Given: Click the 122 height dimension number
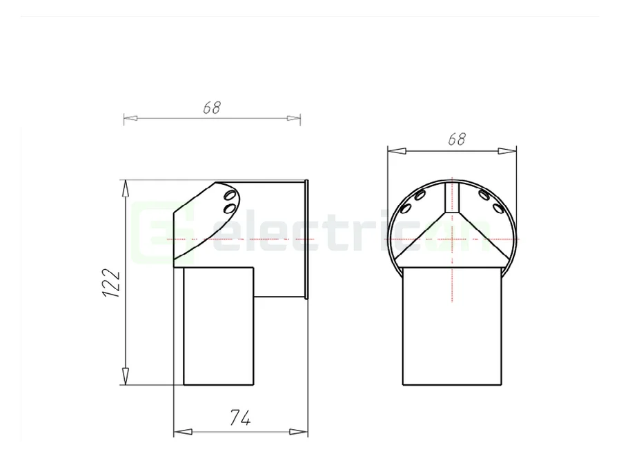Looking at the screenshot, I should pyautogui.click(x=112, y=283).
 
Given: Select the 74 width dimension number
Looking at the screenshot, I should pyautogui.click(x=239, y=417).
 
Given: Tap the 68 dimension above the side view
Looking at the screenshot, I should pyautogui.click(x=212, y=108).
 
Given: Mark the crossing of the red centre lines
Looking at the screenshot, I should pyautogui.click(x=452, y=239).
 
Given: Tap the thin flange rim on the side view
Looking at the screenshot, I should pyautogui.click(x=306, y=239).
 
